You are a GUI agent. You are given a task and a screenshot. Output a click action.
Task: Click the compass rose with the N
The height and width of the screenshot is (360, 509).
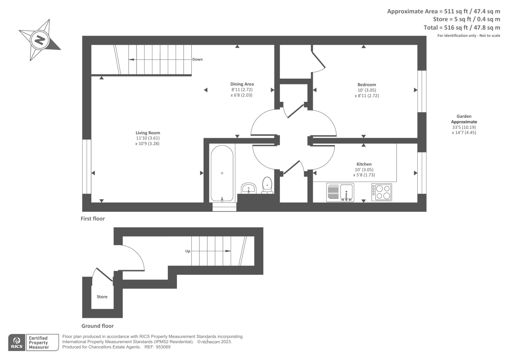(40, 40)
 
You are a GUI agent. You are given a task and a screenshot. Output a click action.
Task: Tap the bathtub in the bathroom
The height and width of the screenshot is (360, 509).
(222, 173)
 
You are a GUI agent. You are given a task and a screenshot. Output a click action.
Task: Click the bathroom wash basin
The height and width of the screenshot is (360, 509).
(248, 188)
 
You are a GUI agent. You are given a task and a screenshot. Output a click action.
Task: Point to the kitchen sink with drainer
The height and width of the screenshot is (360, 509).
(340, 192)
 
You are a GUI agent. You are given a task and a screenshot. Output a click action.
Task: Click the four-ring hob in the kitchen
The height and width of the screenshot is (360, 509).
(382, 192)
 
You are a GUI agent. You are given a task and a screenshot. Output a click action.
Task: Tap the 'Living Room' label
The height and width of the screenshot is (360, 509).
(148, 133)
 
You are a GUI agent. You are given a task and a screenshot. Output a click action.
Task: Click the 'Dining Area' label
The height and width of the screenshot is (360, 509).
(242, 84)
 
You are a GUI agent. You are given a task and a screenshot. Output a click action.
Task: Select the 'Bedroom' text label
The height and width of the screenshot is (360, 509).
(366, 85)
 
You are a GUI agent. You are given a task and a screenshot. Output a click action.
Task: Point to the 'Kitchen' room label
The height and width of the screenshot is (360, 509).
(364, 164)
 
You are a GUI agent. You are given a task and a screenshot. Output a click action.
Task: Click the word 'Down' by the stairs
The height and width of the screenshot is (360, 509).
(197, 60)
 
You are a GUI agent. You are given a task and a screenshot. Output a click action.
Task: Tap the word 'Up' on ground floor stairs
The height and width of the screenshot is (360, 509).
(188, 251)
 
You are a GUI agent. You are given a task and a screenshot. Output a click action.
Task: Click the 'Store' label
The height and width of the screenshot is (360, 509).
(102, 297)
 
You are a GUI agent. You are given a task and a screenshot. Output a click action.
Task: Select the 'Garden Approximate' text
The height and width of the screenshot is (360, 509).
(464, 119)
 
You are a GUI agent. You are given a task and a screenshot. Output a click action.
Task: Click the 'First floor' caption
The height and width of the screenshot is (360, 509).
(93, 219)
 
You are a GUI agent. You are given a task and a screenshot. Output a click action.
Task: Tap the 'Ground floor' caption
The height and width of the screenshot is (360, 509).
(97, 326)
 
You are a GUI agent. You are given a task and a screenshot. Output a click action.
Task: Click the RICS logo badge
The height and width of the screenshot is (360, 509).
(16, 342)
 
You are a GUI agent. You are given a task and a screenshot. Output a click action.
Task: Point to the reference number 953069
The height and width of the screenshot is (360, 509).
(163, 347)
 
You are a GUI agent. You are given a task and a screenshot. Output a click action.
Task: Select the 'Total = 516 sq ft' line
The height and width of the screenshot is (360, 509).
(462, 28)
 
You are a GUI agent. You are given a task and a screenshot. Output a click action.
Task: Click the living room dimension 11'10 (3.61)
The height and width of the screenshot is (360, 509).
(148, 138)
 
